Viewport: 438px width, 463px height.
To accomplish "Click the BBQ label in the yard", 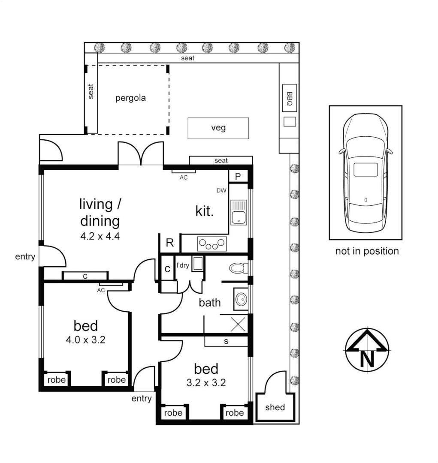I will point(290,99).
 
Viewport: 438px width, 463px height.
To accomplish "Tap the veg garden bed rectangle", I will point(218,128).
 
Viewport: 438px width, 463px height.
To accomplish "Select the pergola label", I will point(130,98).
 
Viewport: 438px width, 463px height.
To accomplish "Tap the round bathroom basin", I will point(241,298).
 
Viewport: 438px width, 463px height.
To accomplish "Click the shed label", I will point(275,407).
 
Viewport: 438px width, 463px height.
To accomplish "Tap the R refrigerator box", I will point(170,244).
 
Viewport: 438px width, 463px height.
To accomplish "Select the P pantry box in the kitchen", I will point(238,176).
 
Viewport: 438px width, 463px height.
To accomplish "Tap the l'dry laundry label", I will point(183,266).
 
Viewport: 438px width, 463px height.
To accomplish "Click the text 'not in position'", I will point(367,251).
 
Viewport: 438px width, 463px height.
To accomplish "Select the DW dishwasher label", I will point(221,190).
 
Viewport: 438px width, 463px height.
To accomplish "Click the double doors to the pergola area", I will point(141,154).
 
